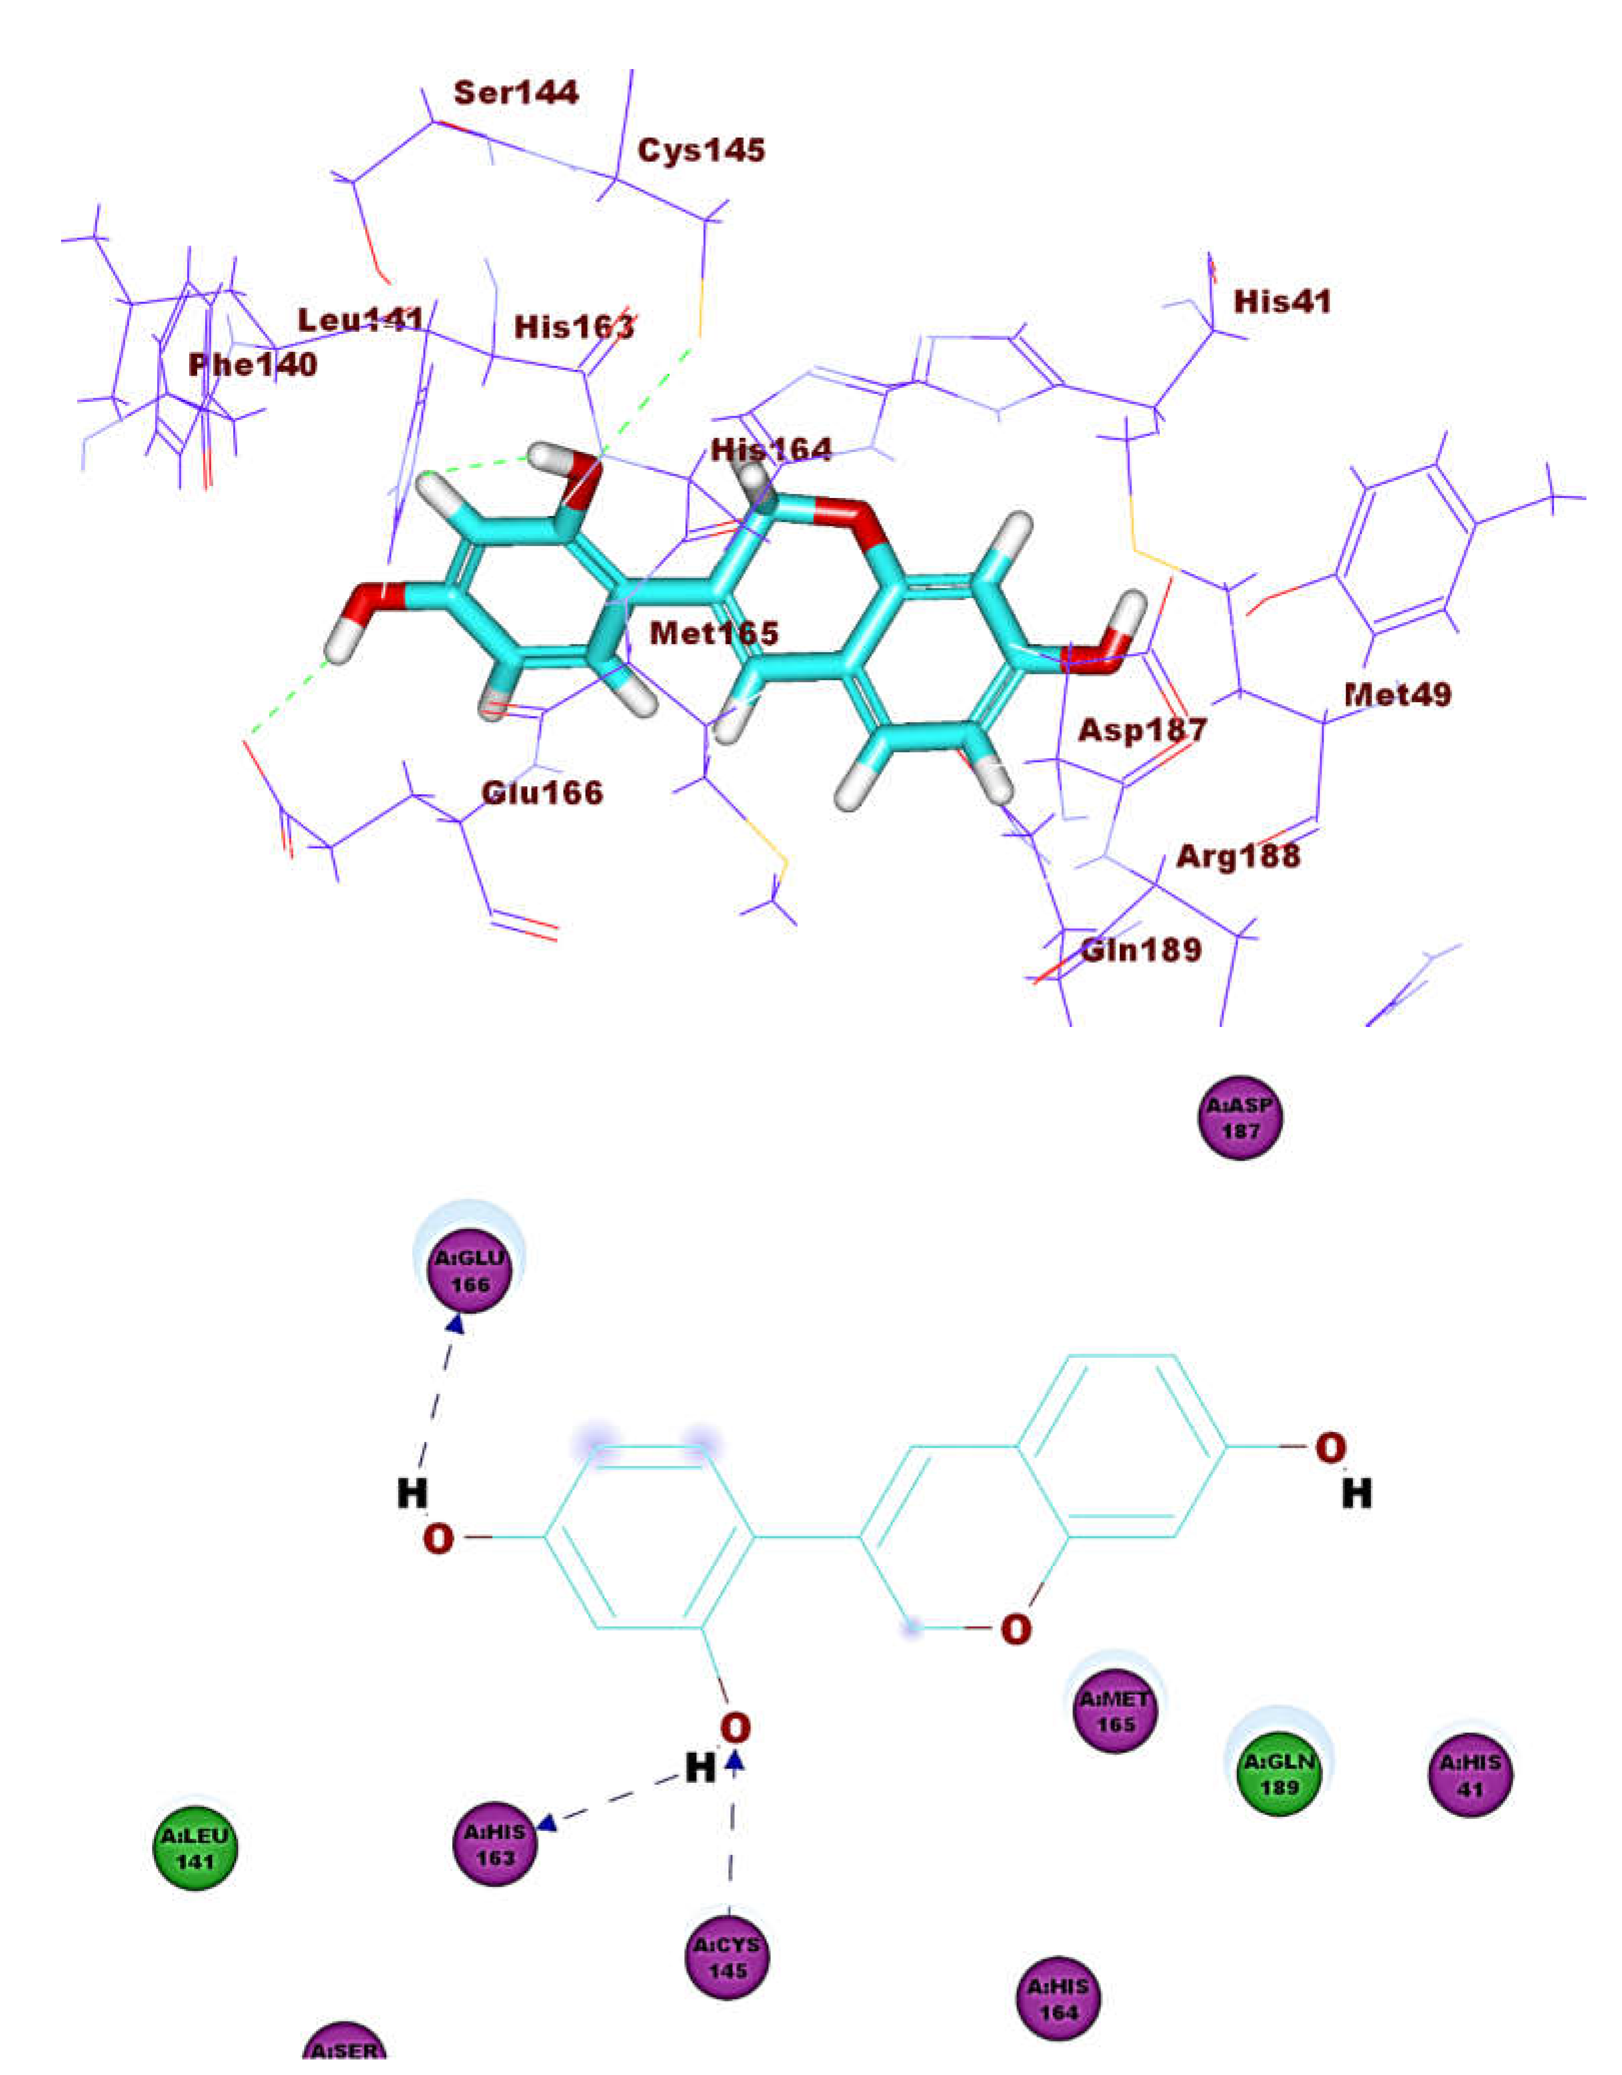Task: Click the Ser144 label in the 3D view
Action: [516, 93]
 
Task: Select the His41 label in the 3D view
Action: [1282, 302]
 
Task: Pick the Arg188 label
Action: [1238, 856]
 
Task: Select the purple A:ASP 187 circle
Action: [1240, 1118]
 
